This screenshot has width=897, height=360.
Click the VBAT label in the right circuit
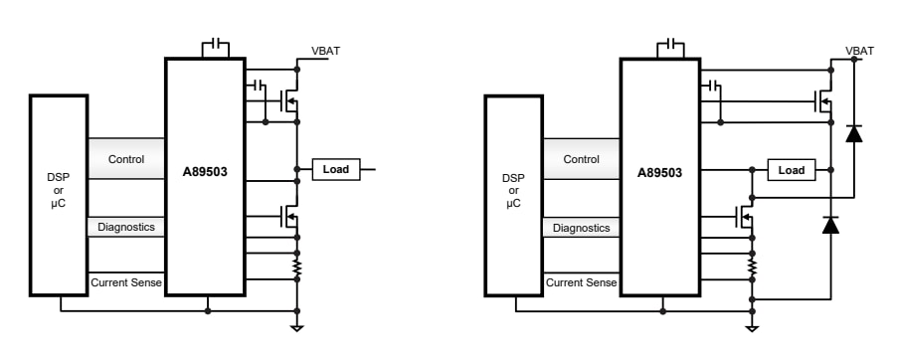(859, 51)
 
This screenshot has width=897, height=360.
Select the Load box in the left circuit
(336, 170)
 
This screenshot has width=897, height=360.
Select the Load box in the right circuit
(792, 170)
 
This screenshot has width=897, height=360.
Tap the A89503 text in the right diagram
(659, 170)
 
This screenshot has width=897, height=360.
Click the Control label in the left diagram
(125, 159)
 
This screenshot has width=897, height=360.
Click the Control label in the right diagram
(581, 159)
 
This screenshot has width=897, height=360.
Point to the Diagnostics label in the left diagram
(125, 227)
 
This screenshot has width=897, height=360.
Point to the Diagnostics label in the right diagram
(581, 227)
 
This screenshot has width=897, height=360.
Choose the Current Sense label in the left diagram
(125, 283)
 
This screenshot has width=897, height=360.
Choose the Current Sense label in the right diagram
(581, 283)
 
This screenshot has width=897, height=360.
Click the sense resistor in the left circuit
(296, 268)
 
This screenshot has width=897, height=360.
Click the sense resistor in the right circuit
(752, 268)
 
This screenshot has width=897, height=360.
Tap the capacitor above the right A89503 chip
(670, 47)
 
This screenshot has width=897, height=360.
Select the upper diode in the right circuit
(853, 133)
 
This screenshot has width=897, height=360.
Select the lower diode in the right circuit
(830, 226)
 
